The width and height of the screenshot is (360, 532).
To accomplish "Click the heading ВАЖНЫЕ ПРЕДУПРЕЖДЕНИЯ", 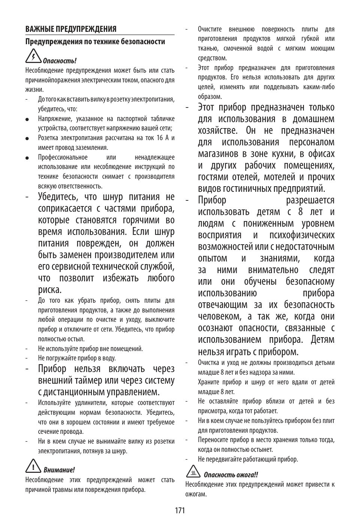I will tap(71, 29).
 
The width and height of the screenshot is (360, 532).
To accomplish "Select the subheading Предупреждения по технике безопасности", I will tap(95, 42).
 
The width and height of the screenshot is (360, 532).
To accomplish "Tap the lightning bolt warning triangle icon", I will tap(33, 57).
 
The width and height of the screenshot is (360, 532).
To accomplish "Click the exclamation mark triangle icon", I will tap(33, 466).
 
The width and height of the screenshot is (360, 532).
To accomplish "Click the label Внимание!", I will tap(59, 470).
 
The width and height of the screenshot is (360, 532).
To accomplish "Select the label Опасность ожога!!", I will tap(231, 475).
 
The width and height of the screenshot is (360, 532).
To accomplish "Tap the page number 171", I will tap(180, 510).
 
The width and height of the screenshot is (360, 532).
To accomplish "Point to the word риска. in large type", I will tap(49, 290).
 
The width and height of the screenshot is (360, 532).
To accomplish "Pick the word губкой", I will tap(311, 39).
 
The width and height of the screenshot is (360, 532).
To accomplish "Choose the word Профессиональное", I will tap(63, 157).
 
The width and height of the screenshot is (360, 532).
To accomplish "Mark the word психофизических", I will tap(302, 235).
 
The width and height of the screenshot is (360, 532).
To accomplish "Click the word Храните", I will tap(208, 382).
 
